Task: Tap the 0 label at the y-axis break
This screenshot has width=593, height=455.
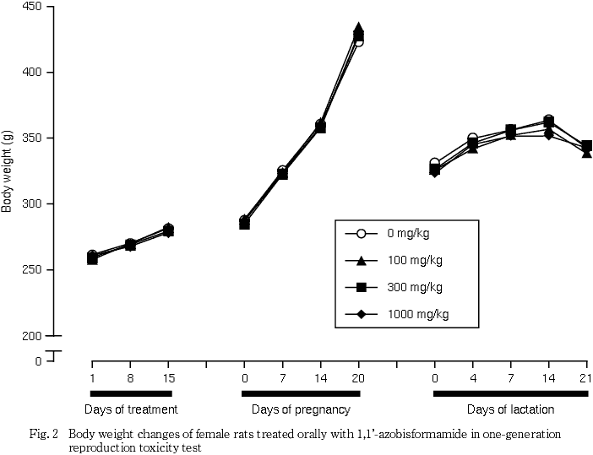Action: click(x=38, y=361)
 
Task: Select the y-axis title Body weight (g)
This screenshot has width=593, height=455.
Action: click(x=8, y=171)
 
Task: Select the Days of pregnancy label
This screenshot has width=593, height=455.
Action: click(x=301, y=410)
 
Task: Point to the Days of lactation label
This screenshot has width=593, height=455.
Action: click(x=512, y=410)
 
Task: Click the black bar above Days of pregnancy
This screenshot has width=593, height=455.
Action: click(x=301, y=393)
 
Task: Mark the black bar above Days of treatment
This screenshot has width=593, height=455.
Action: click(x=131, y=393)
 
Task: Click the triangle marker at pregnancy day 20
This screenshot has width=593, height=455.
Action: click(x=358, y=29)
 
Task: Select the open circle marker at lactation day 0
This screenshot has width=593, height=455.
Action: click(x=435, y=163)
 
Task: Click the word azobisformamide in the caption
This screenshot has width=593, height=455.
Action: click(x=398, y=434)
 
